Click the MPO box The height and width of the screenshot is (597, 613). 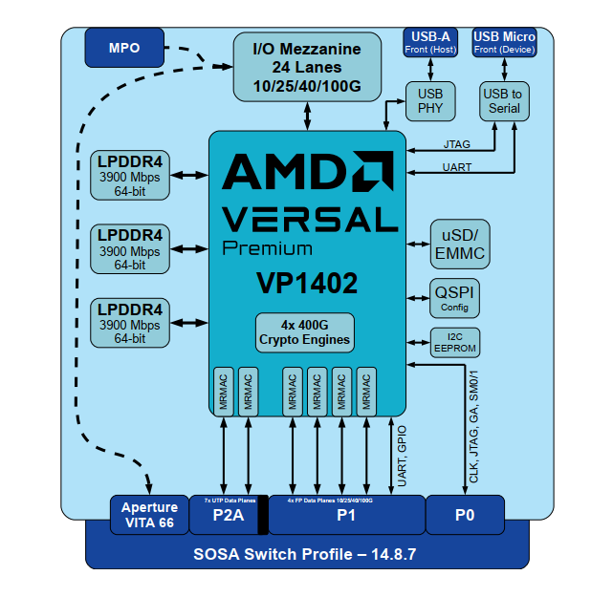click(x=124, y=48)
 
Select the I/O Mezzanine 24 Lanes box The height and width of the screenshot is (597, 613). click(x=307, y=67)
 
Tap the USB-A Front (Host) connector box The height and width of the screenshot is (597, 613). click(x=429, y=43)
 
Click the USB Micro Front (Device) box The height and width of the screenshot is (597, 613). click(x=505, y=43)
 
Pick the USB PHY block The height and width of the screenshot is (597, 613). click(x=430, y=100)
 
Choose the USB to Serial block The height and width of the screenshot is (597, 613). click(x=502, y=100)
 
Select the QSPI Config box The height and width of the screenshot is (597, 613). click(x=455, y=298)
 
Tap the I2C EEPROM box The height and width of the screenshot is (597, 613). click(x=455, y=342)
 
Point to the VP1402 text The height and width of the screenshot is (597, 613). click(x=306, y=284)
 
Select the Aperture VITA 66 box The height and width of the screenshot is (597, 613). click(x=147, y=515)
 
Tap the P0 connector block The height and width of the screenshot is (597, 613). click(x=465, y=517)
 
